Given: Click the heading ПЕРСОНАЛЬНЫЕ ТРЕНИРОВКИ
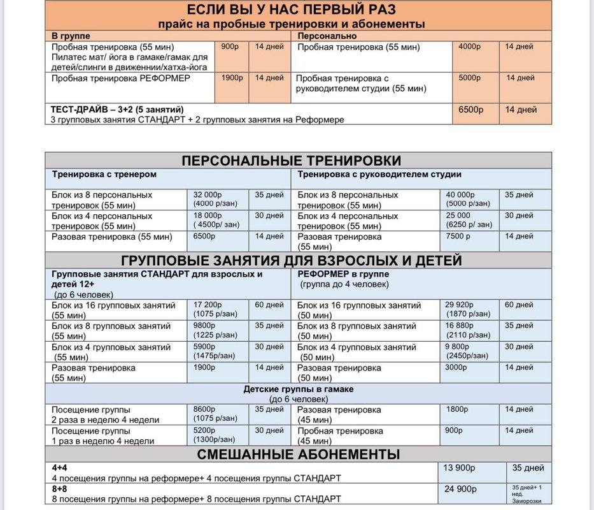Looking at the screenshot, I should point(300,160).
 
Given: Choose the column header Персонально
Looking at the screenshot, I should point(322,36).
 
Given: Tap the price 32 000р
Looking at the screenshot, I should point(206,194).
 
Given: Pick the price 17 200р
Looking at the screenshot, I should point(206,305).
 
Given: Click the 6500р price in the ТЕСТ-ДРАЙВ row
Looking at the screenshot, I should point(471,110).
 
